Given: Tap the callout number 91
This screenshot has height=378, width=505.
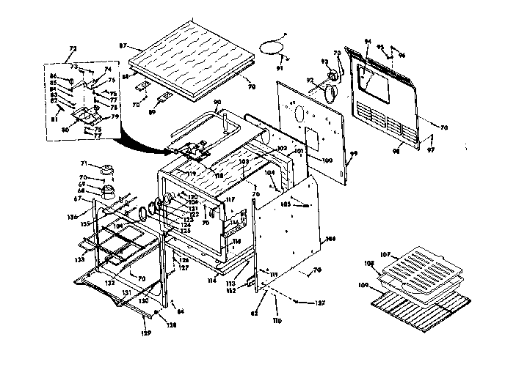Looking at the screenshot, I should (279, 68).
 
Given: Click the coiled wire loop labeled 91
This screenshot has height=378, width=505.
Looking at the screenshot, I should (273, 48).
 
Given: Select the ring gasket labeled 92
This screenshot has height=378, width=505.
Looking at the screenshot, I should (331, 92).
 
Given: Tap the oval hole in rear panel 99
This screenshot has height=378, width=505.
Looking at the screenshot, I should (299, 114).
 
